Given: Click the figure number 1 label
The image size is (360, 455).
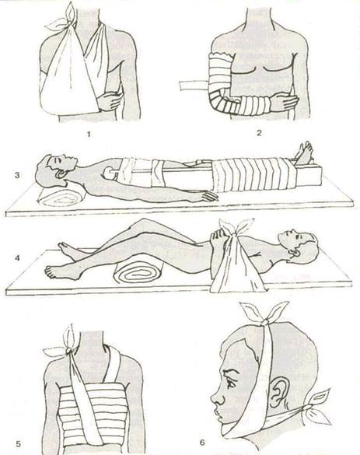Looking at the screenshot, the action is click(89, 134).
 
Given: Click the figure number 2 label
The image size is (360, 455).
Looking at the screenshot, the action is click(259, 133).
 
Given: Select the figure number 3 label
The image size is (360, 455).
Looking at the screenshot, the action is click(17, 175).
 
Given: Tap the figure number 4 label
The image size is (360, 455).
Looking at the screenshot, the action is click(17, 257).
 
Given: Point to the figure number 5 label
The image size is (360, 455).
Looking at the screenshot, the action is click(19, 443).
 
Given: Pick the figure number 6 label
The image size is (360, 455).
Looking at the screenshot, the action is click(202, 443).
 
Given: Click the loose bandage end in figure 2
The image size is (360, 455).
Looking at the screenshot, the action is click(194, 86).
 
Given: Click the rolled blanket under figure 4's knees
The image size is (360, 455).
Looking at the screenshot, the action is click(138, 274).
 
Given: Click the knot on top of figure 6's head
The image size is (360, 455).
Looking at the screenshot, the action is click(264, 322).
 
